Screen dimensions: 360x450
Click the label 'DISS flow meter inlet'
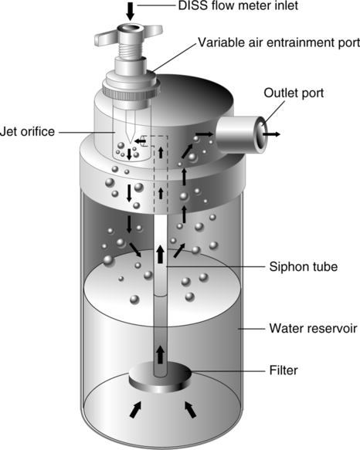coord(238,5)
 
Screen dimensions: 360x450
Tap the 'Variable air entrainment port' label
coord(279,42)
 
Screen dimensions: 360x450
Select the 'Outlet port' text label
coord(294,93)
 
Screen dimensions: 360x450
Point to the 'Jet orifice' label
coord(27,132)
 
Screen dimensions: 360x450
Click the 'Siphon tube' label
coord(303,267)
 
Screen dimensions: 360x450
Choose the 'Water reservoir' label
coord(313,328)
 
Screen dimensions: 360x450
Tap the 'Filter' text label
coord(284,370)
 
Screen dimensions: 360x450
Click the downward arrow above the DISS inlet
coord(131,12)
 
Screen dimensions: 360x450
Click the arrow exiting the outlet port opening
coord(271,134)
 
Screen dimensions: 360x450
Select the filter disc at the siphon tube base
coord(160,377)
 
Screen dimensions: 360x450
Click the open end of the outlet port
coord(262,135)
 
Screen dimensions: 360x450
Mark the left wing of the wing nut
coord(106,36)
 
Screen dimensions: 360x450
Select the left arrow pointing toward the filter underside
coord(136,410)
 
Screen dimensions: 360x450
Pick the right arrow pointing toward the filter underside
coord(190,410)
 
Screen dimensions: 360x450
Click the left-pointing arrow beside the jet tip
coord(140,141)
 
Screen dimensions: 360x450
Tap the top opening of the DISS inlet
coord(131,29)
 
